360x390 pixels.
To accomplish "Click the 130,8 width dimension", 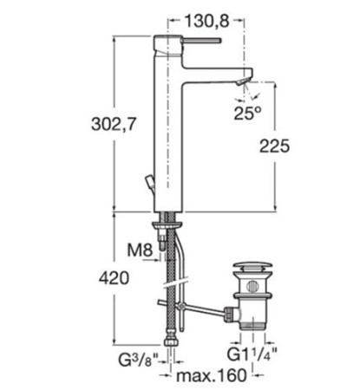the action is coord(206,21).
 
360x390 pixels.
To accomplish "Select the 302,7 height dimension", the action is coord(114,124).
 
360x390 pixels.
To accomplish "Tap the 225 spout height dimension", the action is coord(274,146).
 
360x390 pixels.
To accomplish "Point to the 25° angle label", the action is coord(247,113).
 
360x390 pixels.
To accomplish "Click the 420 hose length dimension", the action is coord(114,278).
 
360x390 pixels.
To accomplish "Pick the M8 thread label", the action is coord(140,250).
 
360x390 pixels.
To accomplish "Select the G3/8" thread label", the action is coord(139,360).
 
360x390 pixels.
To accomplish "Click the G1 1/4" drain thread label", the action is coord(252,354).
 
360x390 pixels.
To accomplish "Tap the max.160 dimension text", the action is coord(212,375).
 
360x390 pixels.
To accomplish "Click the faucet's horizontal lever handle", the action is coord(202,41).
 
